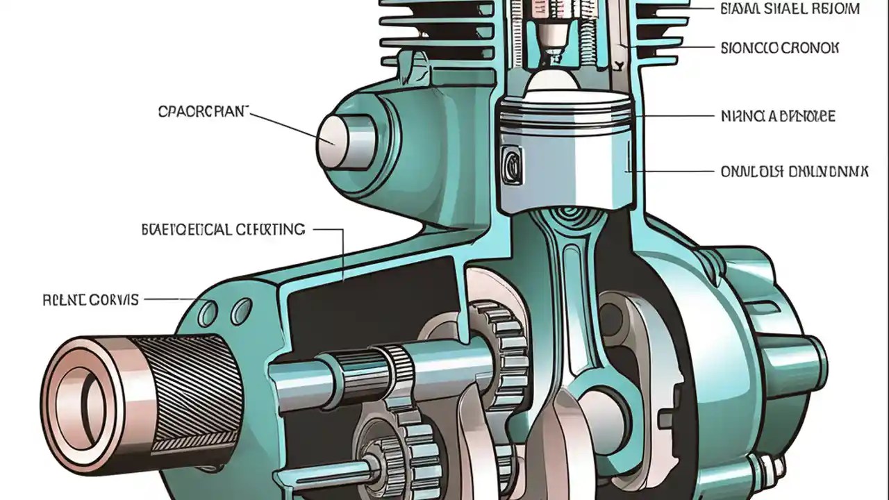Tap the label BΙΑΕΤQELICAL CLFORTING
coord(223,229)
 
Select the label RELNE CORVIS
coord(90,300)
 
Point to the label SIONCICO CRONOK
coord(780,48)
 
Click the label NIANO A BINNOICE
coord(779,116)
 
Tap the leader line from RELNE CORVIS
coord(170,300)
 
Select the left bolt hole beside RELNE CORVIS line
coord(208,314)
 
